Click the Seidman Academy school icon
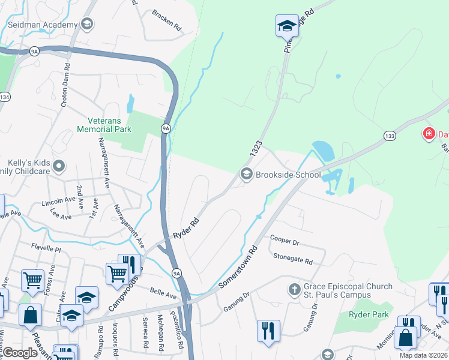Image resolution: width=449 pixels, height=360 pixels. pyautogui.click(x=87, y=25)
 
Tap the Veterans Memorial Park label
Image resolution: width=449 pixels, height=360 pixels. pyautogui.click(x=104, y=124)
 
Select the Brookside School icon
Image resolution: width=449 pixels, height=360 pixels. pyautogui.click(x=246, y=175)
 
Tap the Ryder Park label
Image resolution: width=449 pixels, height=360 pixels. pyautogui.click(x=369, y=314)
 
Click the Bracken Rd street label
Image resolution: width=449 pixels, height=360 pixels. pyautogui.click(x=166, y=20)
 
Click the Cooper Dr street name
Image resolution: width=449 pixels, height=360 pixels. pyautogui.click(x=284, y=242)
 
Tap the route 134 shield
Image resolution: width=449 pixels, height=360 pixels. pyautogui.click(x=5, y=97)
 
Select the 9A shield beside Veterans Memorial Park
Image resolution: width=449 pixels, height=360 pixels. pyautogui.click(x=166, y=128)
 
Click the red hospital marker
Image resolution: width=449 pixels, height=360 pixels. pyautogui.click(x=429, y=133)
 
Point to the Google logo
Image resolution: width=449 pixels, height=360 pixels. pyautogui.click(x=21, y=352)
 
